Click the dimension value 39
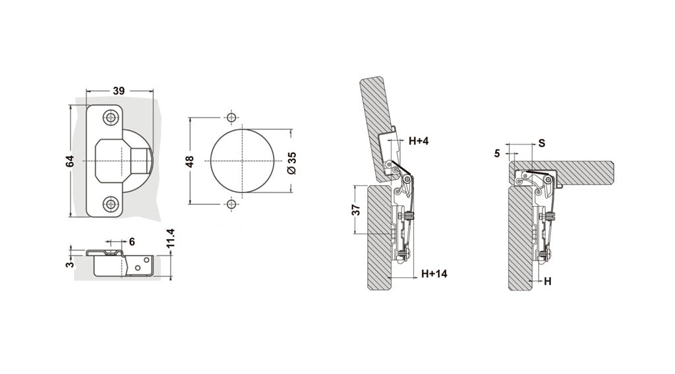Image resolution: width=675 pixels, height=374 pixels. (x=119, y=91)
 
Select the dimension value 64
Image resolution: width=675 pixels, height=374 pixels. (x=70, y=161)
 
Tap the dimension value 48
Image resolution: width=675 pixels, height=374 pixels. (x=190, y=161)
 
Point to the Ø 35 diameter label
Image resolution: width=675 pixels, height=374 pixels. (x=292, y=163)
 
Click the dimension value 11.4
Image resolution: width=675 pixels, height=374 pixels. (x=171, y=238)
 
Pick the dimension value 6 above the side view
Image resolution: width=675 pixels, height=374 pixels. (x=132, y=242)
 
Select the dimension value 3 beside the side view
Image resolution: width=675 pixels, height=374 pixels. (x=70, y=263)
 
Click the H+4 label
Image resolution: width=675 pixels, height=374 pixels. (x=419, y=140)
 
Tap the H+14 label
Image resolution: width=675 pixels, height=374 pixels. (x=434, y=273)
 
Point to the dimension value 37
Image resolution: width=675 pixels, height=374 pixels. (x=356, y=210)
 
